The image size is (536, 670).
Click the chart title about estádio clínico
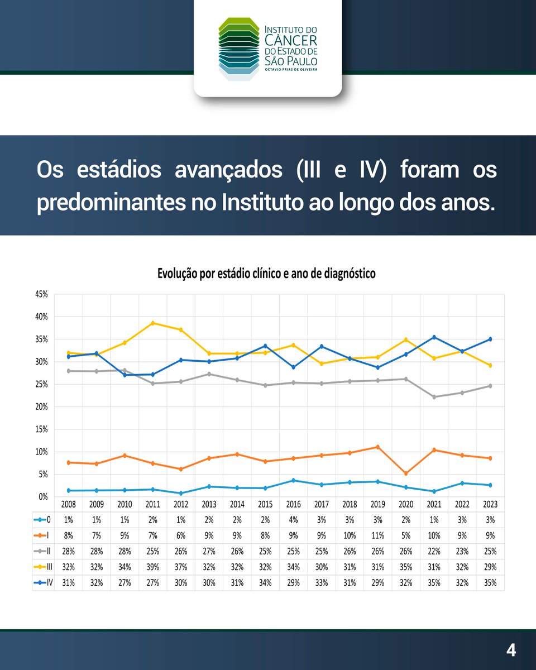coord(266,274)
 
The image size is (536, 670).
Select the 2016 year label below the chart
coord(293,504)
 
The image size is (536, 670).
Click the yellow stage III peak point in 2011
coord(153,323)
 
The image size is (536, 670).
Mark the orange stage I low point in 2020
coord(406,473)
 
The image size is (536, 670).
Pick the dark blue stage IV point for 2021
coord(434,337)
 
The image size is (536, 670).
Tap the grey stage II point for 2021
coord(434,397)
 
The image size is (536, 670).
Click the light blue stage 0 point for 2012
coord(181,494)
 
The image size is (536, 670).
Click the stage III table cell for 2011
coord(153,567)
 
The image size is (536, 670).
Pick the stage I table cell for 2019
coord(377,535)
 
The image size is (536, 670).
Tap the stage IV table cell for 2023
coord(490,583)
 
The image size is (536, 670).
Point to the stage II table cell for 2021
coord(434,552)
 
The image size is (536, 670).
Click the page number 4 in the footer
coord(511,650)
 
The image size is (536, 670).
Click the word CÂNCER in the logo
coord(290,40)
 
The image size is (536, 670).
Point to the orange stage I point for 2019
coord(377,447)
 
